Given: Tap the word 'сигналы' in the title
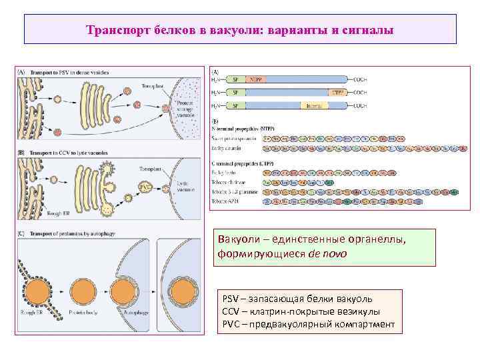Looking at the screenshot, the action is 368,30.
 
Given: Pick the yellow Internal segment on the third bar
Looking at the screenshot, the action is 311,105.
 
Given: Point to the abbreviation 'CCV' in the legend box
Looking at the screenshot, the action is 231,311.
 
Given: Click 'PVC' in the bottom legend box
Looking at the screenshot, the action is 231,324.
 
